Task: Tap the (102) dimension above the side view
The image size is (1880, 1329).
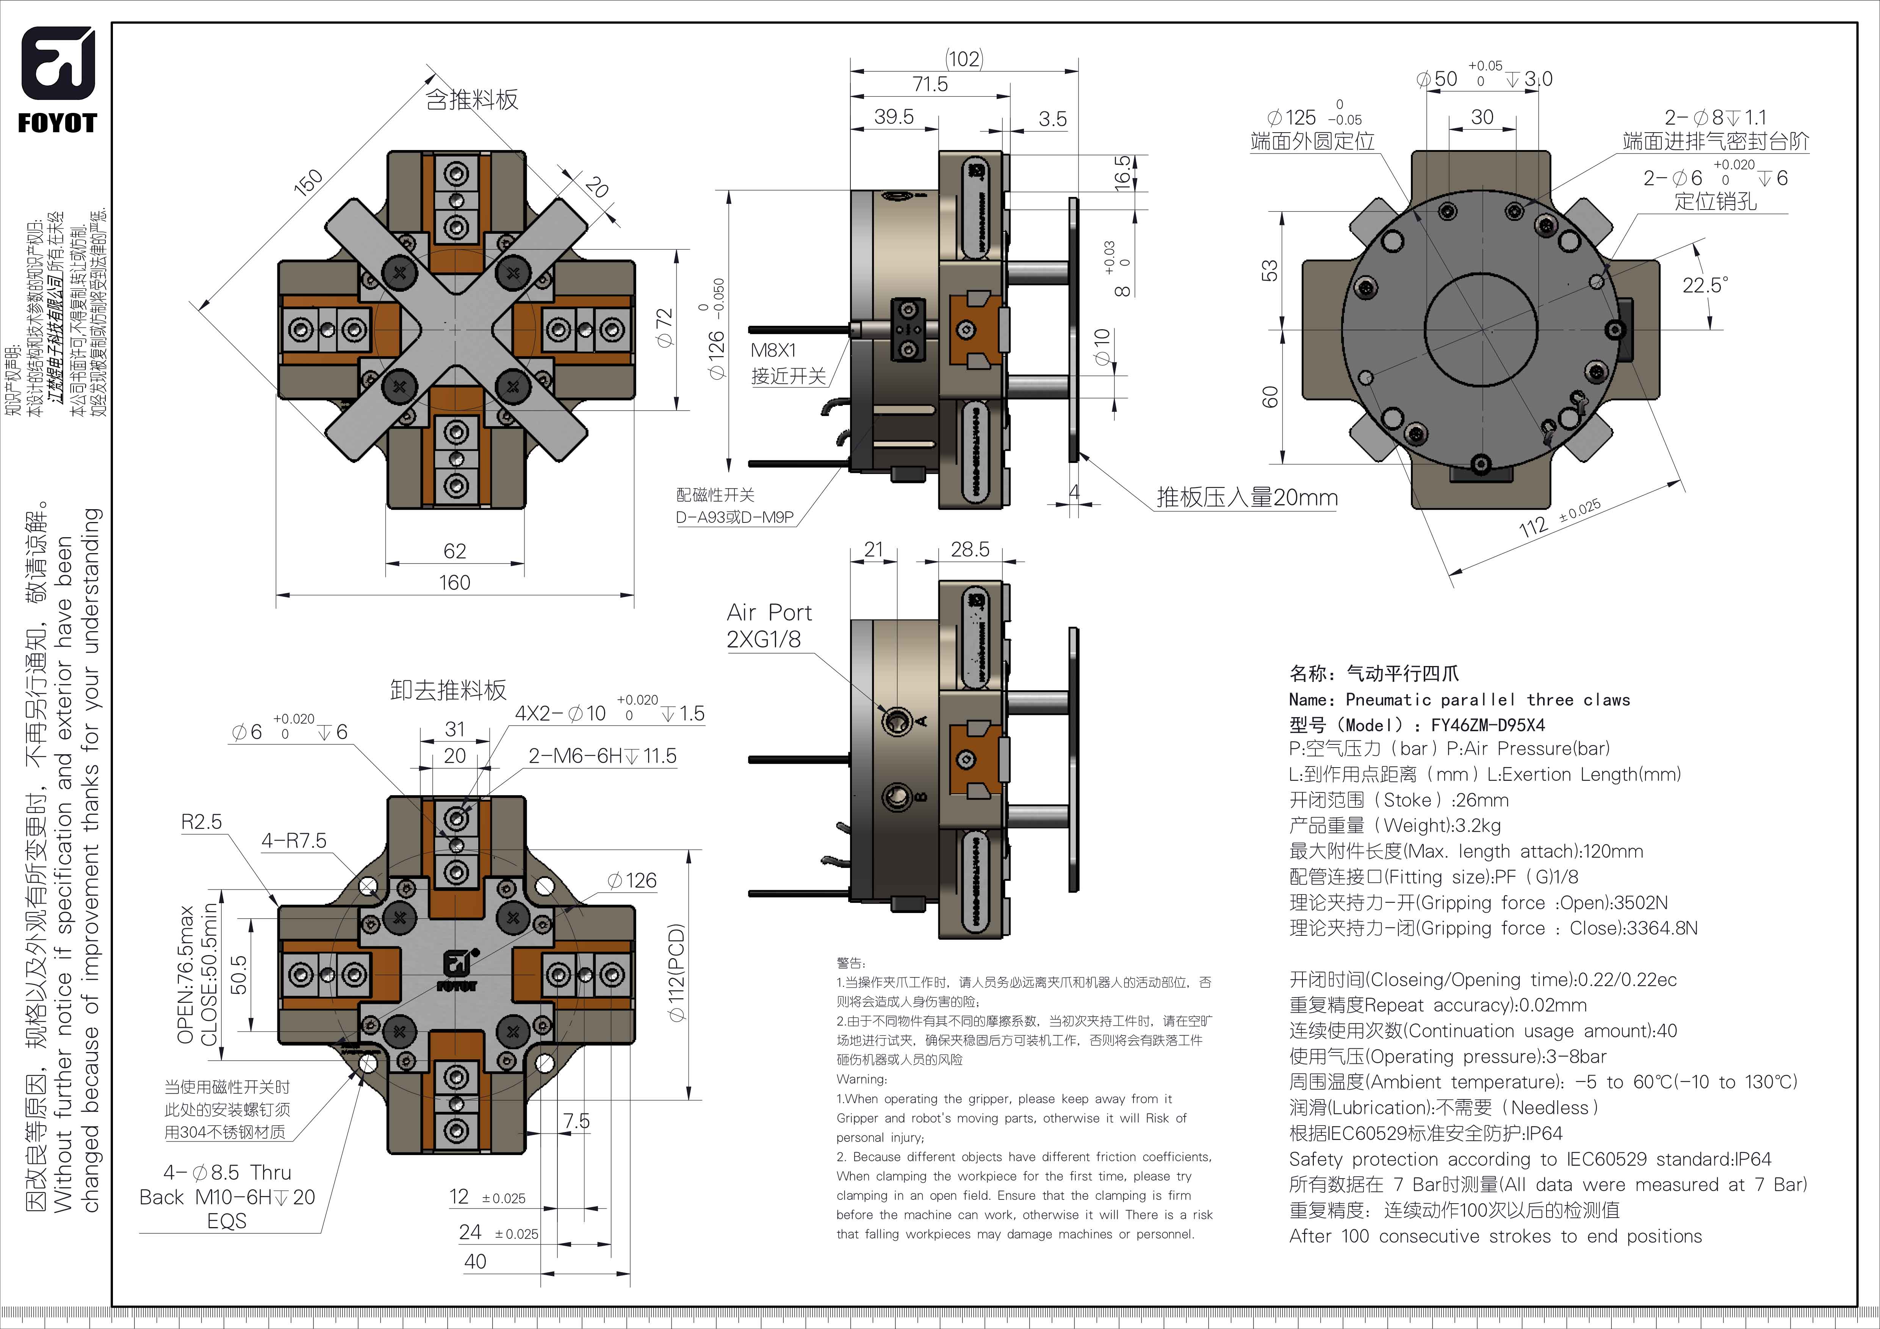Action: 964,59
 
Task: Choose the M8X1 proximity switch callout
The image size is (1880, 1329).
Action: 774,350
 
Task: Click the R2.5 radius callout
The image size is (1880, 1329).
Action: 202,822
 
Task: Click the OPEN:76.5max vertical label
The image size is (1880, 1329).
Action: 186,974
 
